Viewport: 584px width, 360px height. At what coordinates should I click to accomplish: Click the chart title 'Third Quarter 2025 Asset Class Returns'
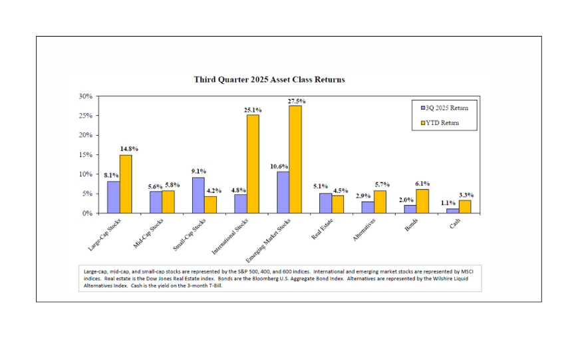point(269,80)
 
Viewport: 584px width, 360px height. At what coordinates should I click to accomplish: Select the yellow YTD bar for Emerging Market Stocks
point(295,160)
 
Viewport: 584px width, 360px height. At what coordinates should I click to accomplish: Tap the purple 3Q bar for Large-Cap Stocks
point(114,197)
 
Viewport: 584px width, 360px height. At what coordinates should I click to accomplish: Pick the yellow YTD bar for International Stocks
point(253,164)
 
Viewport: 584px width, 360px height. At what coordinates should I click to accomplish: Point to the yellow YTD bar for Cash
point(465,206)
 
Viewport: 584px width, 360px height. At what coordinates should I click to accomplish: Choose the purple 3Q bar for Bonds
point(410,209)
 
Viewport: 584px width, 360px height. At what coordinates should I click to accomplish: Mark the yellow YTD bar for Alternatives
point(380,202)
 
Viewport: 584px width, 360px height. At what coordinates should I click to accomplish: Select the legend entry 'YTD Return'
point(444,123)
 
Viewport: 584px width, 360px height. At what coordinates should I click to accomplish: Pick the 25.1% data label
point(253,110)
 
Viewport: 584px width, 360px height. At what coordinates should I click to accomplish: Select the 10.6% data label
point(281,166)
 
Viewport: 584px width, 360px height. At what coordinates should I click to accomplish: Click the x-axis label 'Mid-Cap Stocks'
point(148,233)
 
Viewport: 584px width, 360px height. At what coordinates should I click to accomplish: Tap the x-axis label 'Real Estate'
point(322,227)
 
